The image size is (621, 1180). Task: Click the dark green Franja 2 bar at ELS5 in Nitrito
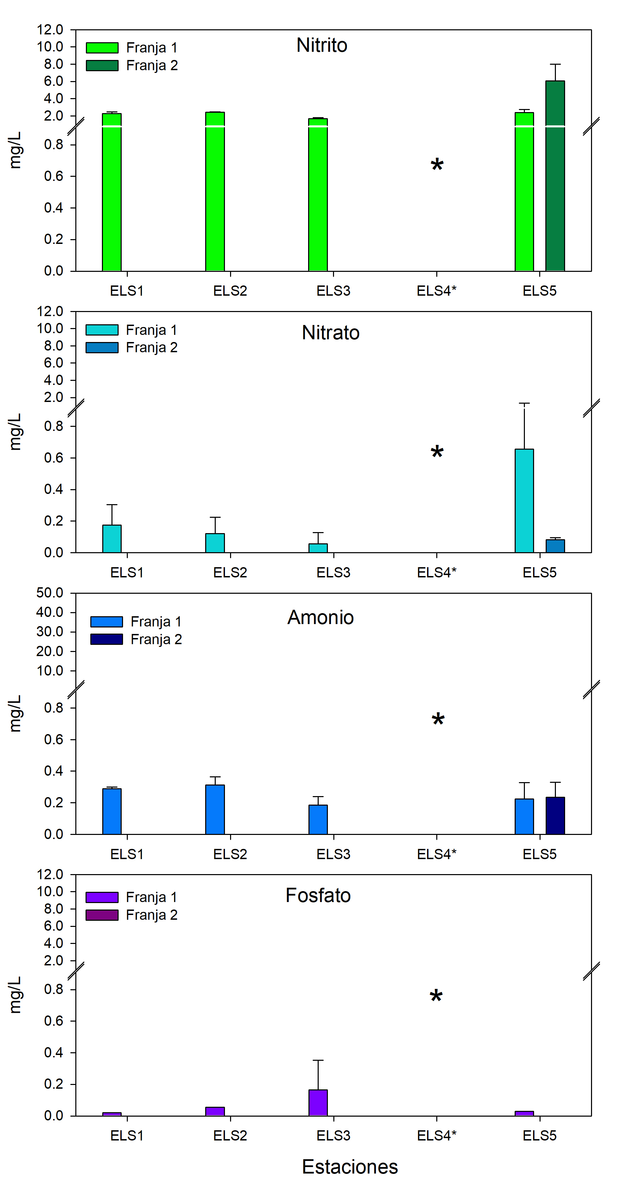pyautogui.click(x=555, y=183)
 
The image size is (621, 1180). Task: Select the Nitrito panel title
pyautogui.click(x=322, y=45)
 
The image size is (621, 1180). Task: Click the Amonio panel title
pyautogui.click(x=320, y=618)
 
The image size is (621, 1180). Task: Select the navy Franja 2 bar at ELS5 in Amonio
pyautogui.click(x=555, y=816)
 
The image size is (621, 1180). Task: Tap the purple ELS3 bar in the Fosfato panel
pyautogui.click(x=318, y=1103)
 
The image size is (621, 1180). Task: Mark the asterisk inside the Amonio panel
pyautogui.click(x=438, y=720)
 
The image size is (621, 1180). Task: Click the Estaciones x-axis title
pyautogui.click(x=350, y=1167)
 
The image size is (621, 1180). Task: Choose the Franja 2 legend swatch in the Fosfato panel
pyautogui.click(x=102, y=915)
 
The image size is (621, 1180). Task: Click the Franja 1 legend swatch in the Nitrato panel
pyautogui.click(x=102, y=330)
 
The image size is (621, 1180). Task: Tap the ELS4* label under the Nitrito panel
pyautogui.click(x=436, y=291)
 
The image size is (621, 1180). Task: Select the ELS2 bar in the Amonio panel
pyautogui.click(x=215, y=809)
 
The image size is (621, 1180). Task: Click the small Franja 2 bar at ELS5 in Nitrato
pyautogui.click(x=555, y=546)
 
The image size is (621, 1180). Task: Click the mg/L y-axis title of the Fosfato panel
pyautogui.click(x=15, y=995)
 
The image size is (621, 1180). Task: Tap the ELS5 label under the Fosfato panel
pyautogui.click(x=540, y=1136)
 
